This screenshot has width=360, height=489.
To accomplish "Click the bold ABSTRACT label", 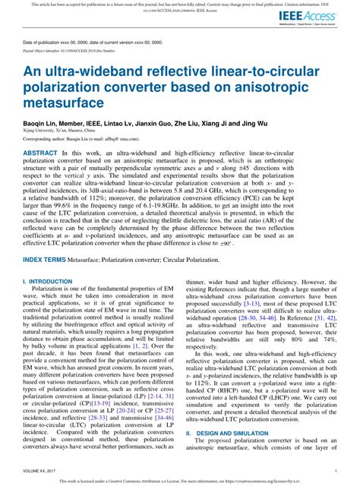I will pos(40,153).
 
